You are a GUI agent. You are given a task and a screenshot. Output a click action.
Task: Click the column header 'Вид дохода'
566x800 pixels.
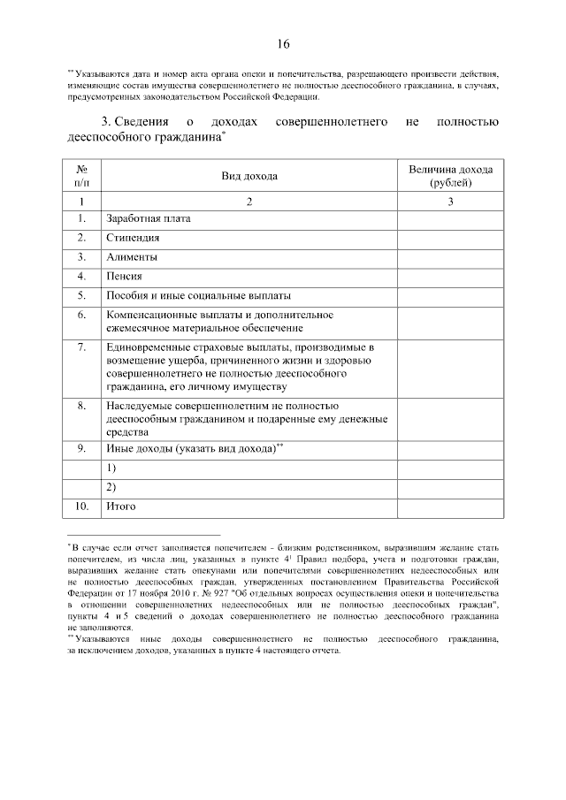249,176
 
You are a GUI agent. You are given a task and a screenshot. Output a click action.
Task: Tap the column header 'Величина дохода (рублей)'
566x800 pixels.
450,176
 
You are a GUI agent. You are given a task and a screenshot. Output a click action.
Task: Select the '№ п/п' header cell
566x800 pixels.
81,176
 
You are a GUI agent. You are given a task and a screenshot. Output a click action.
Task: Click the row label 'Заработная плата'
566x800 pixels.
148,218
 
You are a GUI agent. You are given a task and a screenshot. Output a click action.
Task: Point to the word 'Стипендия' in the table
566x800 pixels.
133,238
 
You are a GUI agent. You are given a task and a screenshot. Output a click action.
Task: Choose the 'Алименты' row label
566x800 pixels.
132,257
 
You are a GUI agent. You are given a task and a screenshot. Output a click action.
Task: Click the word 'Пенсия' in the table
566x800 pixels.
125,277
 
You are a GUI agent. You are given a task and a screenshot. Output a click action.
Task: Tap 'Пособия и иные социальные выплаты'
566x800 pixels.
198,296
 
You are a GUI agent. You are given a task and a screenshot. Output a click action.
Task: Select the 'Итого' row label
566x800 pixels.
120,507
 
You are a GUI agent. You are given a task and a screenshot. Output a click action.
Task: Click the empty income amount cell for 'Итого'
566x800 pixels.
450,507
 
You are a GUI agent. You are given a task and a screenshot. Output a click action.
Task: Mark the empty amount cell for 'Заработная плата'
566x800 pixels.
450,218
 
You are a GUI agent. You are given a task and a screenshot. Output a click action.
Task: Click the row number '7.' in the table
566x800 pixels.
81,347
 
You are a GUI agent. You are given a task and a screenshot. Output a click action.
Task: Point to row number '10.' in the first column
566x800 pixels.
81,507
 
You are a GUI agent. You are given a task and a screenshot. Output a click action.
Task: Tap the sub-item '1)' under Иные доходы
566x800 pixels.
112,468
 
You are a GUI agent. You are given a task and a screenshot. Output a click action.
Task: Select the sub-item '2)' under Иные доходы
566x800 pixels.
112,487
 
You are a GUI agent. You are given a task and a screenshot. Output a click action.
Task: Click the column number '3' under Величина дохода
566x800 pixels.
450,202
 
